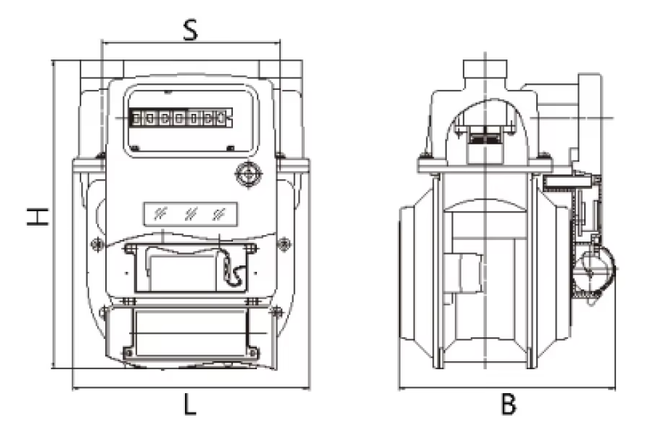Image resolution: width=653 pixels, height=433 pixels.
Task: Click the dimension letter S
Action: point(190,30)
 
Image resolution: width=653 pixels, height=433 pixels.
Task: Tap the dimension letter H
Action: point(38,215)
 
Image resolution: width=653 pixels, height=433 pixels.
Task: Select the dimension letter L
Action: point(190,404)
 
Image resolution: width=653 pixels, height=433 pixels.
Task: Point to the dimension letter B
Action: point(509,404)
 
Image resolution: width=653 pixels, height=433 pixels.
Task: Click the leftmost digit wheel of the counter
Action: point(136,118)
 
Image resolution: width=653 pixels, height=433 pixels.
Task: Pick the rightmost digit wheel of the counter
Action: point(221,118)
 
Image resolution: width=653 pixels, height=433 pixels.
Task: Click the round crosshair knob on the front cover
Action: point(248,175)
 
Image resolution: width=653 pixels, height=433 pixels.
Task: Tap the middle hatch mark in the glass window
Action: point(190,214)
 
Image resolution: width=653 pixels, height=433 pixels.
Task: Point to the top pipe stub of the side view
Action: point(485,74)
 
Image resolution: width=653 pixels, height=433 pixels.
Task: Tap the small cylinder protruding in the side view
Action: point(463,273)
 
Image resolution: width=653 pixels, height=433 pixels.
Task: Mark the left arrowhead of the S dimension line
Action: point(104,42)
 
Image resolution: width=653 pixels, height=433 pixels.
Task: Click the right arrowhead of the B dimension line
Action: point(612,389)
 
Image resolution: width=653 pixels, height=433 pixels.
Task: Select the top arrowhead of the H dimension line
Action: point(53,63)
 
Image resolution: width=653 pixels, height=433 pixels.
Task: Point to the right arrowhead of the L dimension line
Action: point(307,389)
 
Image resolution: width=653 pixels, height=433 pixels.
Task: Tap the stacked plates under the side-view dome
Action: point(485,136)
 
